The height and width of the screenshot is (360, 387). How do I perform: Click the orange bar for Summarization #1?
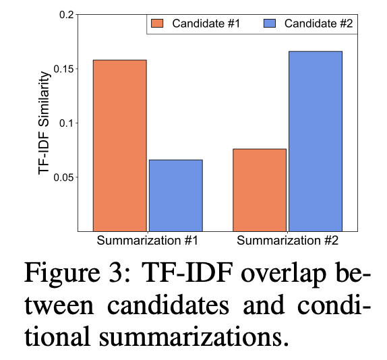coord(120,146)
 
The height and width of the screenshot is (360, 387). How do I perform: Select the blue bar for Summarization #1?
coord(176,196)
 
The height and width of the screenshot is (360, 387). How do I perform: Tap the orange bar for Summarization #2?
coord(260,190)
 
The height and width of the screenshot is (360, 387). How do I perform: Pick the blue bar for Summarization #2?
coord(316,142)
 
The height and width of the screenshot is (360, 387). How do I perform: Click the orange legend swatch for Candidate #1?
coord(157,24)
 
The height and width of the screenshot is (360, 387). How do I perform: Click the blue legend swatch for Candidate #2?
coord(270,24)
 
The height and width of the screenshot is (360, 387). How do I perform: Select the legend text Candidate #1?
coord(206,24)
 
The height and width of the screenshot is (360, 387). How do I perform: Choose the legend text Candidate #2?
coord(318,24)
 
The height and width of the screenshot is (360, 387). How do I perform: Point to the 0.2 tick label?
coord(67,15)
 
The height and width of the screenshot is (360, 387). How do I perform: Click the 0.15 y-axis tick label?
coord(63,69)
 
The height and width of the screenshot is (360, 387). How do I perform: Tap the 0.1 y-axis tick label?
coord(67,123)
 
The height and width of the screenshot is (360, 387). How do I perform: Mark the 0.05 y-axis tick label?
coord(63,177)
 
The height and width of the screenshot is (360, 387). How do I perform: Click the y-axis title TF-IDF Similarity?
coord(44,123)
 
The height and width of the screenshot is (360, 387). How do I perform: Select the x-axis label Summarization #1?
coord(148,241)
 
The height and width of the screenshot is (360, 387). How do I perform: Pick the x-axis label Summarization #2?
coord(287,241)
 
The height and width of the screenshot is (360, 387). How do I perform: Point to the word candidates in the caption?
coord(168,305)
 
